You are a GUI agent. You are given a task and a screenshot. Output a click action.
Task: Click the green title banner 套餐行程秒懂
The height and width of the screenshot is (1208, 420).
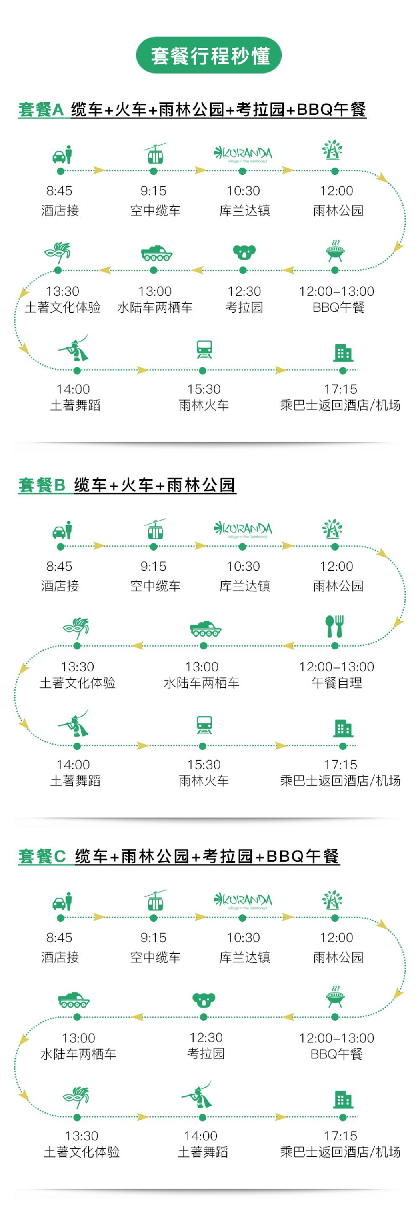pos(209,55)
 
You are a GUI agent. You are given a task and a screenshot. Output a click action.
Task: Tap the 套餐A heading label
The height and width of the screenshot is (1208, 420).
pos(41,109)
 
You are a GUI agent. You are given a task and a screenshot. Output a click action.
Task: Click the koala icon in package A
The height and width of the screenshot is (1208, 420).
pos(244,252)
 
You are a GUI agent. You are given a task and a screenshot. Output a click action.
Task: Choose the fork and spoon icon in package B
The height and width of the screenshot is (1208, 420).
pos(335,626)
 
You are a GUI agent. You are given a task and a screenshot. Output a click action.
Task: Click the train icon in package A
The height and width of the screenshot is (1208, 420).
pos(204,349)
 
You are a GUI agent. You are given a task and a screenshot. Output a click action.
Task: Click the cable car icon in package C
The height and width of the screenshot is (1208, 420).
pos(155,900)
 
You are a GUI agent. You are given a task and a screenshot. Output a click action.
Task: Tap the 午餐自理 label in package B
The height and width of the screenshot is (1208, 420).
pos(336,683)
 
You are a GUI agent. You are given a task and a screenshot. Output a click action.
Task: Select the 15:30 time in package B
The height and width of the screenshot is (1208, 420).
pos(204,765)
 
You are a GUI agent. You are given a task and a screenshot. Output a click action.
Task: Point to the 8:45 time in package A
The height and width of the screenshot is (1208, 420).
pos(59,191)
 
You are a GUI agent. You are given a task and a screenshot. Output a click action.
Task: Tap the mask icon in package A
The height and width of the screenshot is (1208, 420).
pos(58,252)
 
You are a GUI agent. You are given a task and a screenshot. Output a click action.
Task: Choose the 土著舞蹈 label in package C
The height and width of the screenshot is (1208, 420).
pos(202,1152)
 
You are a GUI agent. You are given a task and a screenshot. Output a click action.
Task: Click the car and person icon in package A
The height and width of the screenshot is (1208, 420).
pos(62,154)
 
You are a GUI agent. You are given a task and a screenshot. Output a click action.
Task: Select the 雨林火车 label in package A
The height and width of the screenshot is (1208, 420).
pos(203,405)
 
